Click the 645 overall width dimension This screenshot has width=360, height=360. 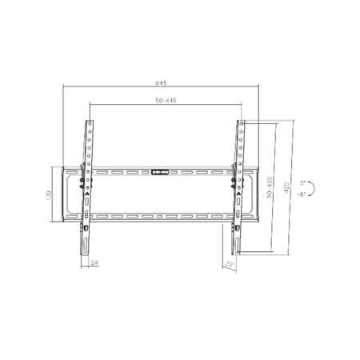click(x=162, y=83)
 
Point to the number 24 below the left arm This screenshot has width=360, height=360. click(x=94, y=262)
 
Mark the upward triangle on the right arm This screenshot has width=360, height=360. click(x=237, y=193)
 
